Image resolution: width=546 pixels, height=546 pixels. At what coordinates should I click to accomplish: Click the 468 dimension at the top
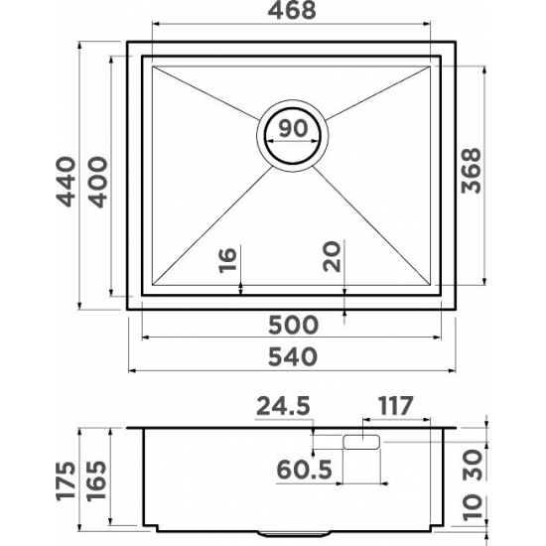tap(292, 12)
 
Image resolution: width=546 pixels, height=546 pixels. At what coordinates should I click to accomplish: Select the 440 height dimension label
tap(66, 180)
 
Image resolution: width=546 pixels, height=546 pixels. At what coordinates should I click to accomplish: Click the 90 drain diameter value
tap(291, 127)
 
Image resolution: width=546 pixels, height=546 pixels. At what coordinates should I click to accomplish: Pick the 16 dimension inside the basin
tap(227, 261)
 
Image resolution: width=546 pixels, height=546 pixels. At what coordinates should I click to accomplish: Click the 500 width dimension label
tap(292, 325)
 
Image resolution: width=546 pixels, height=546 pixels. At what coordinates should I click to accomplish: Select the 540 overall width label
tap(292, 355)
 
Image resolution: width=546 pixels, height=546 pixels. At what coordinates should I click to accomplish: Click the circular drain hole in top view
tap(292, 134)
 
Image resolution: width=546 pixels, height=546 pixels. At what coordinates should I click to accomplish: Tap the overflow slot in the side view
tap(362, 443)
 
